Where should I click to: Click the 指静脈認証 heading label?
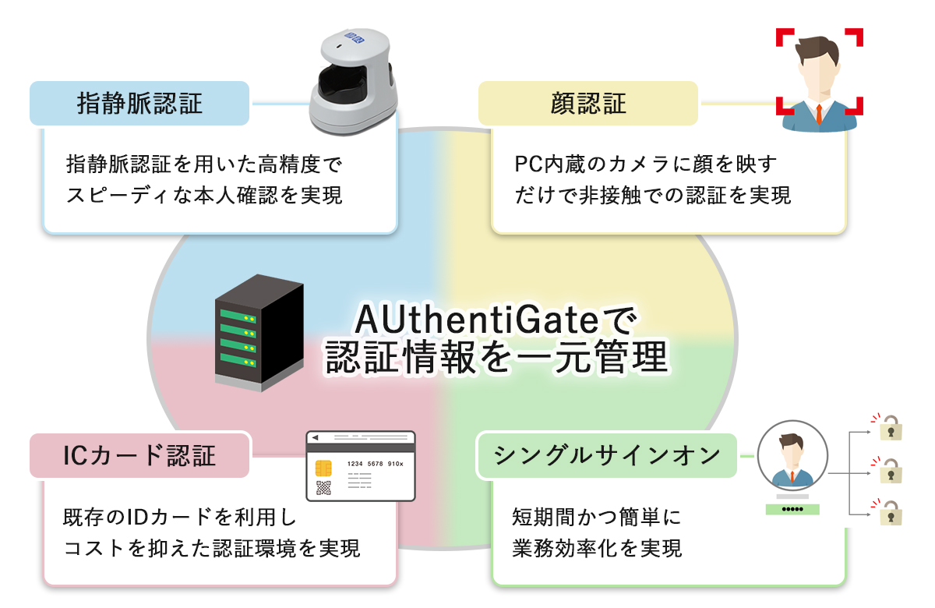[x=140, y=104]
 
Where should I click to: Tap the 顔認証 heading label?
[x=588, y=104]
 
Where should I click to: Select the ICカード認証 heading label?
[x=139, y=455]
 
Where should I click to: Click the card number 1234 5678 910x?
[x=375, y=462]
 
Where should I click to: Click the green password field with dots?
[x=792, y=509]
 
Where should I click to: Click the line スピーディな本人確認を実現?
[x=204, y=195]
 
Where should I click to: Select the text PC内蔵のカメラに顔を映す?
[x=646, y=164]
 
